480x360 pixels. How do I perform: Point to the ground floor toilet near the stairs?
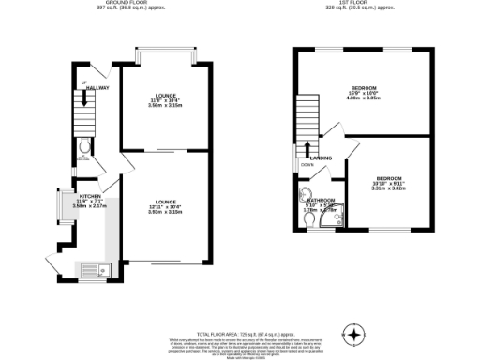coord(85,145)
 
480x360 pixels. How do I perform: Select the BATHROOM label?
coord(322,201)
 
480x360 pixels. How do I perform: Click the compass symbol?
coord(354,333)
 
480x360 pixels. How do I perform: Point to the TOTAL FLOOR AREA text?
coord(239,333)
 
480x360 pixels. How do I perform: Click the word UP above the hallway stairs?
coord(83,83)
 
